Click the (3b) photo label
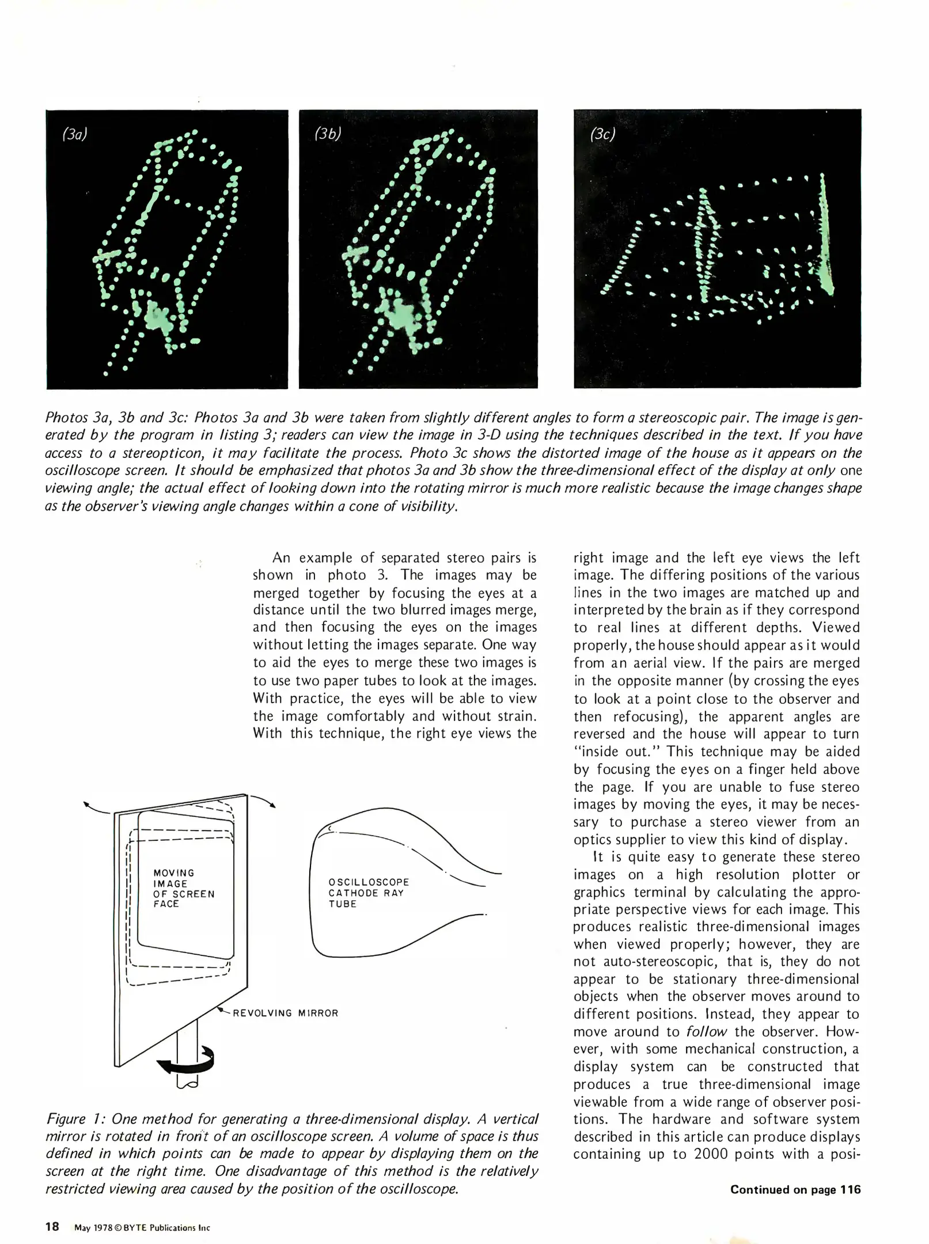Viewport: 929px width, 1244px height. point(328,134)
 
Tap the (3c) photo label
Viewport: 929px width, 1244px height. point(603,135)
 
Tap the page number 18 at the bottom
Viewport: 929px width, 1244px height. point(52,1226)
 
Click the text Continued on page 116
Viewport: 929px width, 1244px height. point(795,1189)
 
